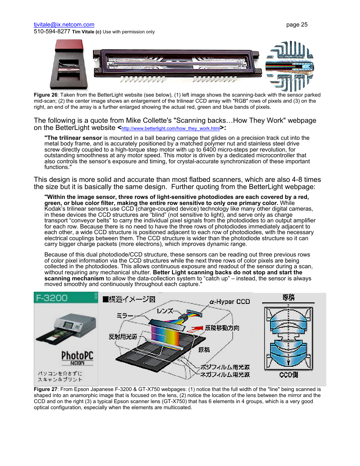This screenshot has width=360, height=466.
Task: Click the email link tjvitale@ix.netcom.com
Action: click(x=64, y=25)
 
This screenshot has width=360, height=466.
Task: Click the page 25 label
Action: click(x=297, y=25)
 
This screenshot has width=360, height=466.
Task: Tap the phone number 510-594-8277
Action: click(x=52, y=31)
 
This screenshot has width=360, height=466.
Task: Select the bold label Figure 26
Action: click(x=45, y=95)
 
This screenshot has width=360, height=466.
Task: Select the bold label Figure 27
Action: click(x=45, y=389)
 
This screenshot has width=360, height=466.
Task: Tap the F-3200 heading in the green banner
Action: click(x=52, y=298)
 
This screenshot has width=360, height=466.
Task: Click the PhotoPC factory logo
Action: click(x=77, y=358)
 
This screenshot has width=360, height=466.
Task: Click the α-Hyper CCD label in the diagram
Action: click(x=230, y=302)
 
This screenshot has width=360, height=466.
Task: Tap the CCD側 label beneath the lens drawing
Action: click(x=288, y=375)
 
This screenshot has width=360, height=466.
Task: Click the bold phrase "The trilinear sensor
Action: click(x=73, y=138)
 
